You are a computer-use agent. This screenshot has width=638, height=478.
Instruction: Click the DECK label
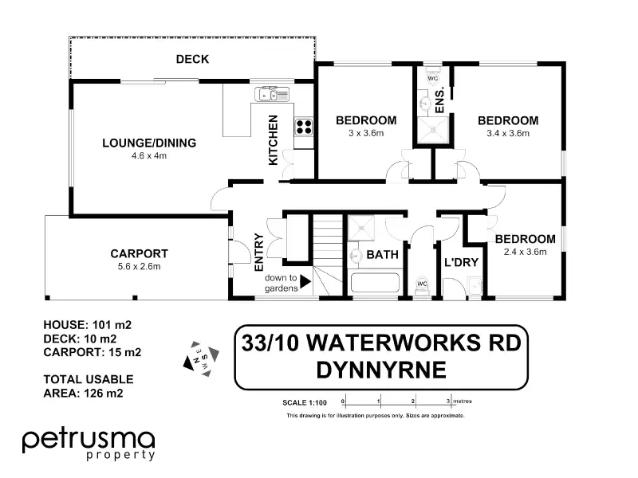click(x=192, y=59)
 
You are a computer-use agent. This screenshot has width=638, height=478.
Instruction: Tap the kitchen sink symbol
click(x=272, y=94)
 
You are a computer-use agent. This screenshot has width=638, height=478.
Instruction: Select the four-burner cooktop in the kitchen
click(x=304, y=127)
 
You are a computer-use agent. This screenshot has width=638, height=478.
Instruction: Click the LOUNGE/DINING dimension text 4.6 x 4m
click(x=149, y=155)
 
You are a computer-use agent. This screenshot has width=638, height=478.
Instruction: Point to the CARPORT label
click(x=139, y=253)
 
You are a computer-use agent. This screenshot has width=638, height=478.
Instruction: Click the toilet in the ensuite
click(x=432, y=76)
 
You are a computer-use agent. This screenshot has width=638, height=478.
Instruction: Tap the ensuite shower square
click(x=433, y=130)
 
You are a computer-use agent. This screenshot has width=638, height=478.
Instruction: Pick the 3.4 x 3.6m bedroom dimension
click(x=508, y=133)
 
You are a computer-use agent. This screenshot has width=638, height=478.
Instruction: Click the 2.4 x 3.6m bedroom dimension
click(x=525, y=252)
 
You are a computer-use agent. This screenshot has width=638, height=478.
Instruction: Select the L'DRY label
click(x=461, y=263)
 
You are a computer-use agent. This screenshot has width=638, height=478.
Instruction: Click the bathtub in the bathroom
click(x=375, y=283)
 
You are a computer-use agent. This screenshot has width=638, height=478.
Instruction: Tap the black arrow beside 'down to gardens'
click(x=305, y=281)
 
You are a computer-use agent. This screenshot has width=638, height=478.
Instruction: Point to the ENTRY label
click(x=259, y=252)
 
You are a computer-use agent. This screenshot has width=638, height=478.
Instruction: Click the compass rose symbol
click(x=202, y=358)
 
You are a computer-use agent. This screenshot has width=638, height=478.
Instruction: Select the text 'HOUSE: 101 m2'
click(x=88, y=325)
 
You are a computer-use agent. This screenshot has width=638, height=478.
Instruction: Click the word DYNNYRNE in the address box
click(x=381, y=370)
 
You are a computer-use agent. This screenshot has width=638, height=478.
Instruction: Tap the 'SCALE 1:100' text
click(x=305, y=403)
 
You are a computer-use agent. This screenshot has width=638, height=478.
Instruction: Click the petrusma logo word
click(x=89, y=441)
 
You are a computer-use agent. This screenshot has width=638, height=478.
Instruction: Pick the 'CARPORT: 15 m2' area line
click(x=93, y=352)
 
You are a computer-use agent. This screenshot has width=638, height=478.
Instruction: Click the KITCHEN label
click(x=273, y=140)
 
